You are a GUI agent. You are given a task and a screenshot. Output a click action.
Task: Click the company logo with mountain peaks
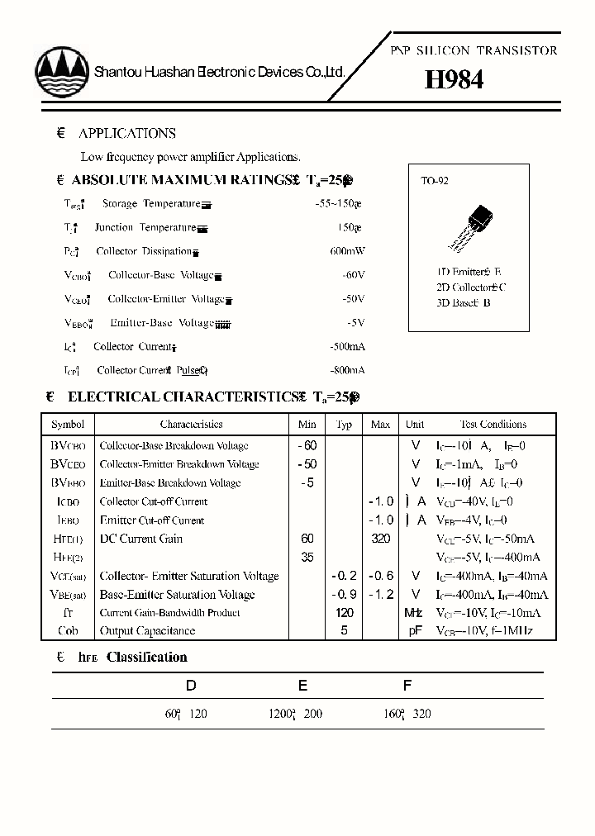point(61,72)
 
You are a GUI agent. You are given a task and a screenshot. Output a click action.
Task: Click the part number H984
point(454,79)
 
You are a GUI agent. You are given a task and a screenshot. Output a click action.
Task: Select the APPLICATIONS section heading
point(126,133)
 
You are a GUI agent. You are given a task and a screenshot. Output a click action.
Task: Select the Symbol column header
point(68,425)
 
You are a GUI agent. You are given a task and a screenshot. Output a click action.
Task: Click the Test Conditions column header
point(493,425)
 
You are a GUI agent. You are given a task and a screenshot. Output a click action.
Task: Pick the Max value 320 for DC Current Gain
point(380,539)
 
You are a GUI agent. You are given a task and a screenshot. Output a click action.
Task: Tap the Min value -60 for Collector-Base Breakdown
point(307,445)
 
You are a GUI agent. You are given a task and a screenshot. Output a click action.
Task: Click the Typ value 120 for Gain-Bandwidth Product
point(345,612)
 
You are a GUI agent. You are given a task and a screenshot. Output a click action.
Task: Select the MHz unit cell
point(414,612)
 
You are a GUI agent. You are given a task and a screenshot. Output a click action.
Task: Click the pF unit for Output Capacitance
point(415,631)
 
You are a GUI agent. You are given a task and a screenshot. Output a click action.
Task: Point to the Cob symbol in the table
point(68,631)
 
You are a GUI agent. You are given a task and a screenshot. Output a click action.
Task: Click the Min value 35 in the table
point(307,558)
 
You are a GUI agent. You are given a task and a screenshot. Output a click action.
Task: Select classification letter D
point(191,685)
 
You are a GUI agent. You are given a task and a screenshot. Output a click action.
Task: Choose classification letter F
point(407,685)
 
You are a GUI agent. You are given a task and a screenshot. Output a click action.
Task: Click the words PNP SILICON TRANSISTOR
point(474,50)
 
